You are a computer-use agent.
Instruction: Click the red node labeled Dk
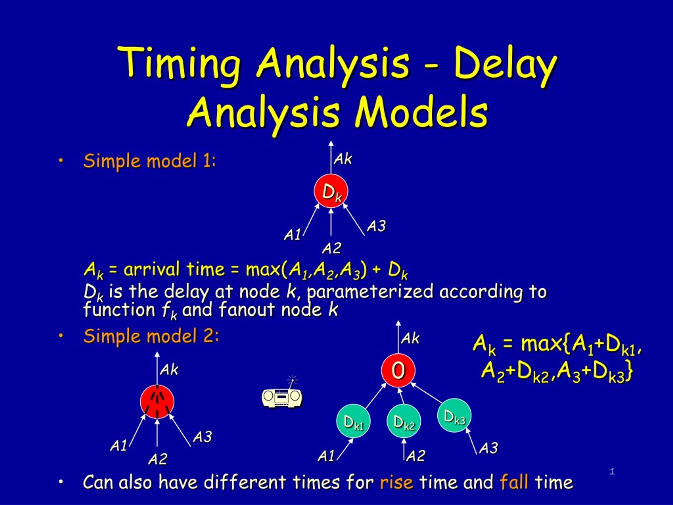click(331, 191)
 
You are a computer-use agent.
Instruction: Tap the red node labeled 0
click(398, 370)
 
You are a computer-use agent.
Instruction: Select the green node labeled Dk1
click(353, 421)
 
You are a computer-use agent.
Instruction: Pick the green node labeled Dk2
click(404, 421)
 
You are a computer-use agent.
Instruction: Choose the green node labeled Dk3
click(454, 415)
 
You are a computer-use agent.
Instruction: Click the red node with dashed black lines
click(157, 402)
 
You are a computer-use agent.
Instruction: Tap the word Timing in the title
click(180, 62)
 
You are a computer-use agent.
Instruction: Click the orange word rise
click(396, 482)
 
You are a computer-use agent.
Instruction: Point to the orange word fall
click(514, 482)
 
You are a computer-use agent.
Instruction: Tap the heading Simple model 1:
click(150, 161)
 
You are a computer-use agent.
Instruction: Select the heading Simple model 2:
click(151, 336)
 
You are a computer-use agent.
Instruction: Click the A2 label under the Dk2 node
click(416, 456)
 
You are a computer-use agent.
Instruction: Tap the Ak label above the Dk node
click(343, 159)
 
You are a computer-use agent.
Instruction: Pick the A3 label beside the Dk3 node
click(488, 448)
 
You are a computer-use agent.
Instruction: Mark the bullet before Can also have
click(61, 482)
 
